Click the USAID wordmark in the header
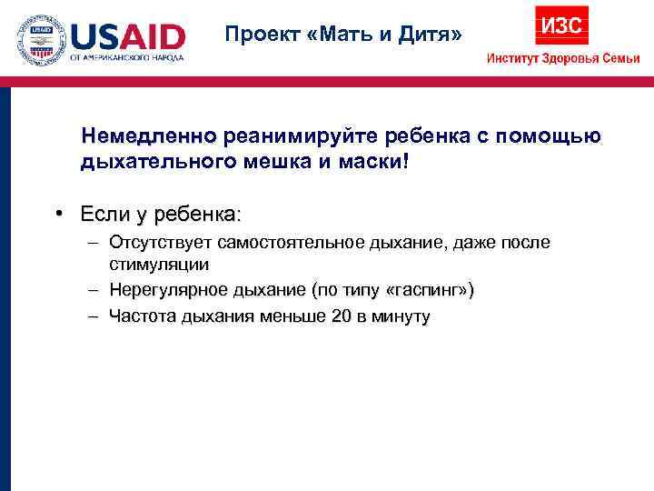[128, 36]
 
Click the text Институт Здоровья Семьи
[563, 58]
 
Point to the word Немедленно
[148, 136]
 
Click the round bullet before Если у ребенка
[57, 214]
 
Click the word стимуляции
[159, 265]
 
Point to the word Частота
[139, 316]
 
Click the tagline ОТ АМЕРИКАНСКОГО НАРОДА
[128, 57]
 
